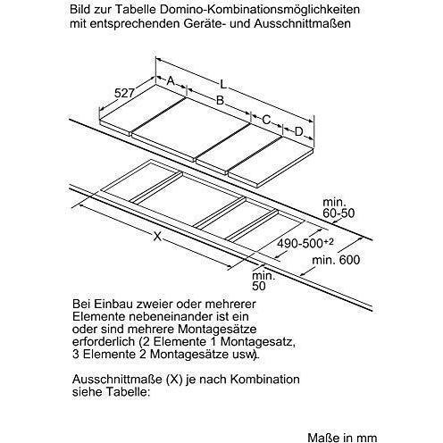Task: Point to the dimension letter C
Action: tap(266, 119)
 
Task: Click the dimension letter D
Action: tap(299, 133)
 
